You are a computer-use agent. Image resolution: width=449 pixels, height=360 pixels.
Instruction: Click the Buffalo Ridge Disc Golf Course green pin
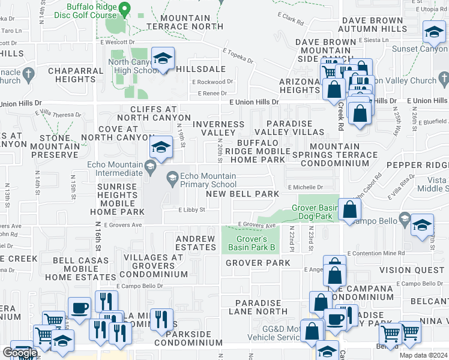tap(124, 10)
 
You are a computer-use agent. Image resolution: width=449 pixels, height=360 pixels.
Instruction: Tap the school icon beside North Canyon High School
tap(162, 59)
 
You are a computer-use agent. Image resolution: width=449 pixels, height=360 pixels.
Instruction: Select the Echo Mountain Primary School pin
tap(172, 176)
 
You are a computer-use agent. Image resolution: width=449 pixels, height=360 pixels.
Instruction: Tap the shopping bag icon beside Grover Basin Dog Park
tap(350, 210)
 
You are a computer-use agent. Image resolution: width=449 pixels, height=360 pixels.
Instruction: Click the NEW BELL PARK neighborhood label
tap(243, 194)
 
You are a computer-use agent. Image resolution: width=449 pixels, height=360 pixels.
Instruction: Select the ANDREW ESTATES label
tap(195, 243)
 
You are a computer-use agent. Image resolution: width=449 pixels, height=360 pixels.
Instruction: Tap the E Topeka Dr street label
tap(238, 56)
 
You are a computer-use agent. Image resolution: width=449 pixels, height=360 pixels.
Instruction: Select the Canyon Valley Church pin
tap(443, 78)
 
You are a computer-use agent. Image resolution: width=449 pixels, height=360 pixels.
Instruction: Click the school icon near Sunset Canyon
tap(434, 33)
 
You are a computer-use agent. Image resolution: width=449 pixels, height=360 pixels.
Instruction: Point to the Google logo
tap(20, 353)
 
